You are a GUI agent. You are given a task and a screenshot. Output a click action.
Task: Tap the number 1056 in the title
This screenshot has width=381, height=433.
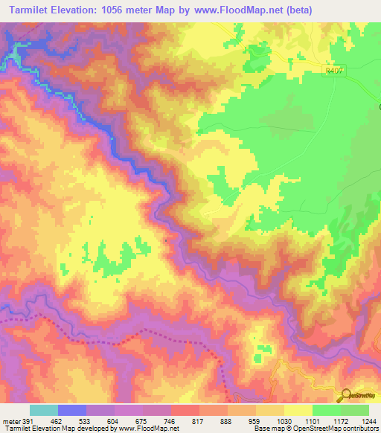tap(121, 10)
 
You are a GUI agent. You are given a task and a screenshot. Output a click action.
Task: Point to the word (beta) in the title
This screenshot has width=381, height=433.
tap(295, 10)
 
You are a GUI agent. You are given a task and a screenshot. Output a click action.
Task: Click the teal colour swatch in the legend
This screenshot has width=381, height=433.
tap(43, 410)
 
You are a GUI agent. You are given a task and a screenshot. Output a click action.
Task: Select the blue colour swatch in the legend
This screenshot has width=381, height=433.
tap(71, 410)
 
